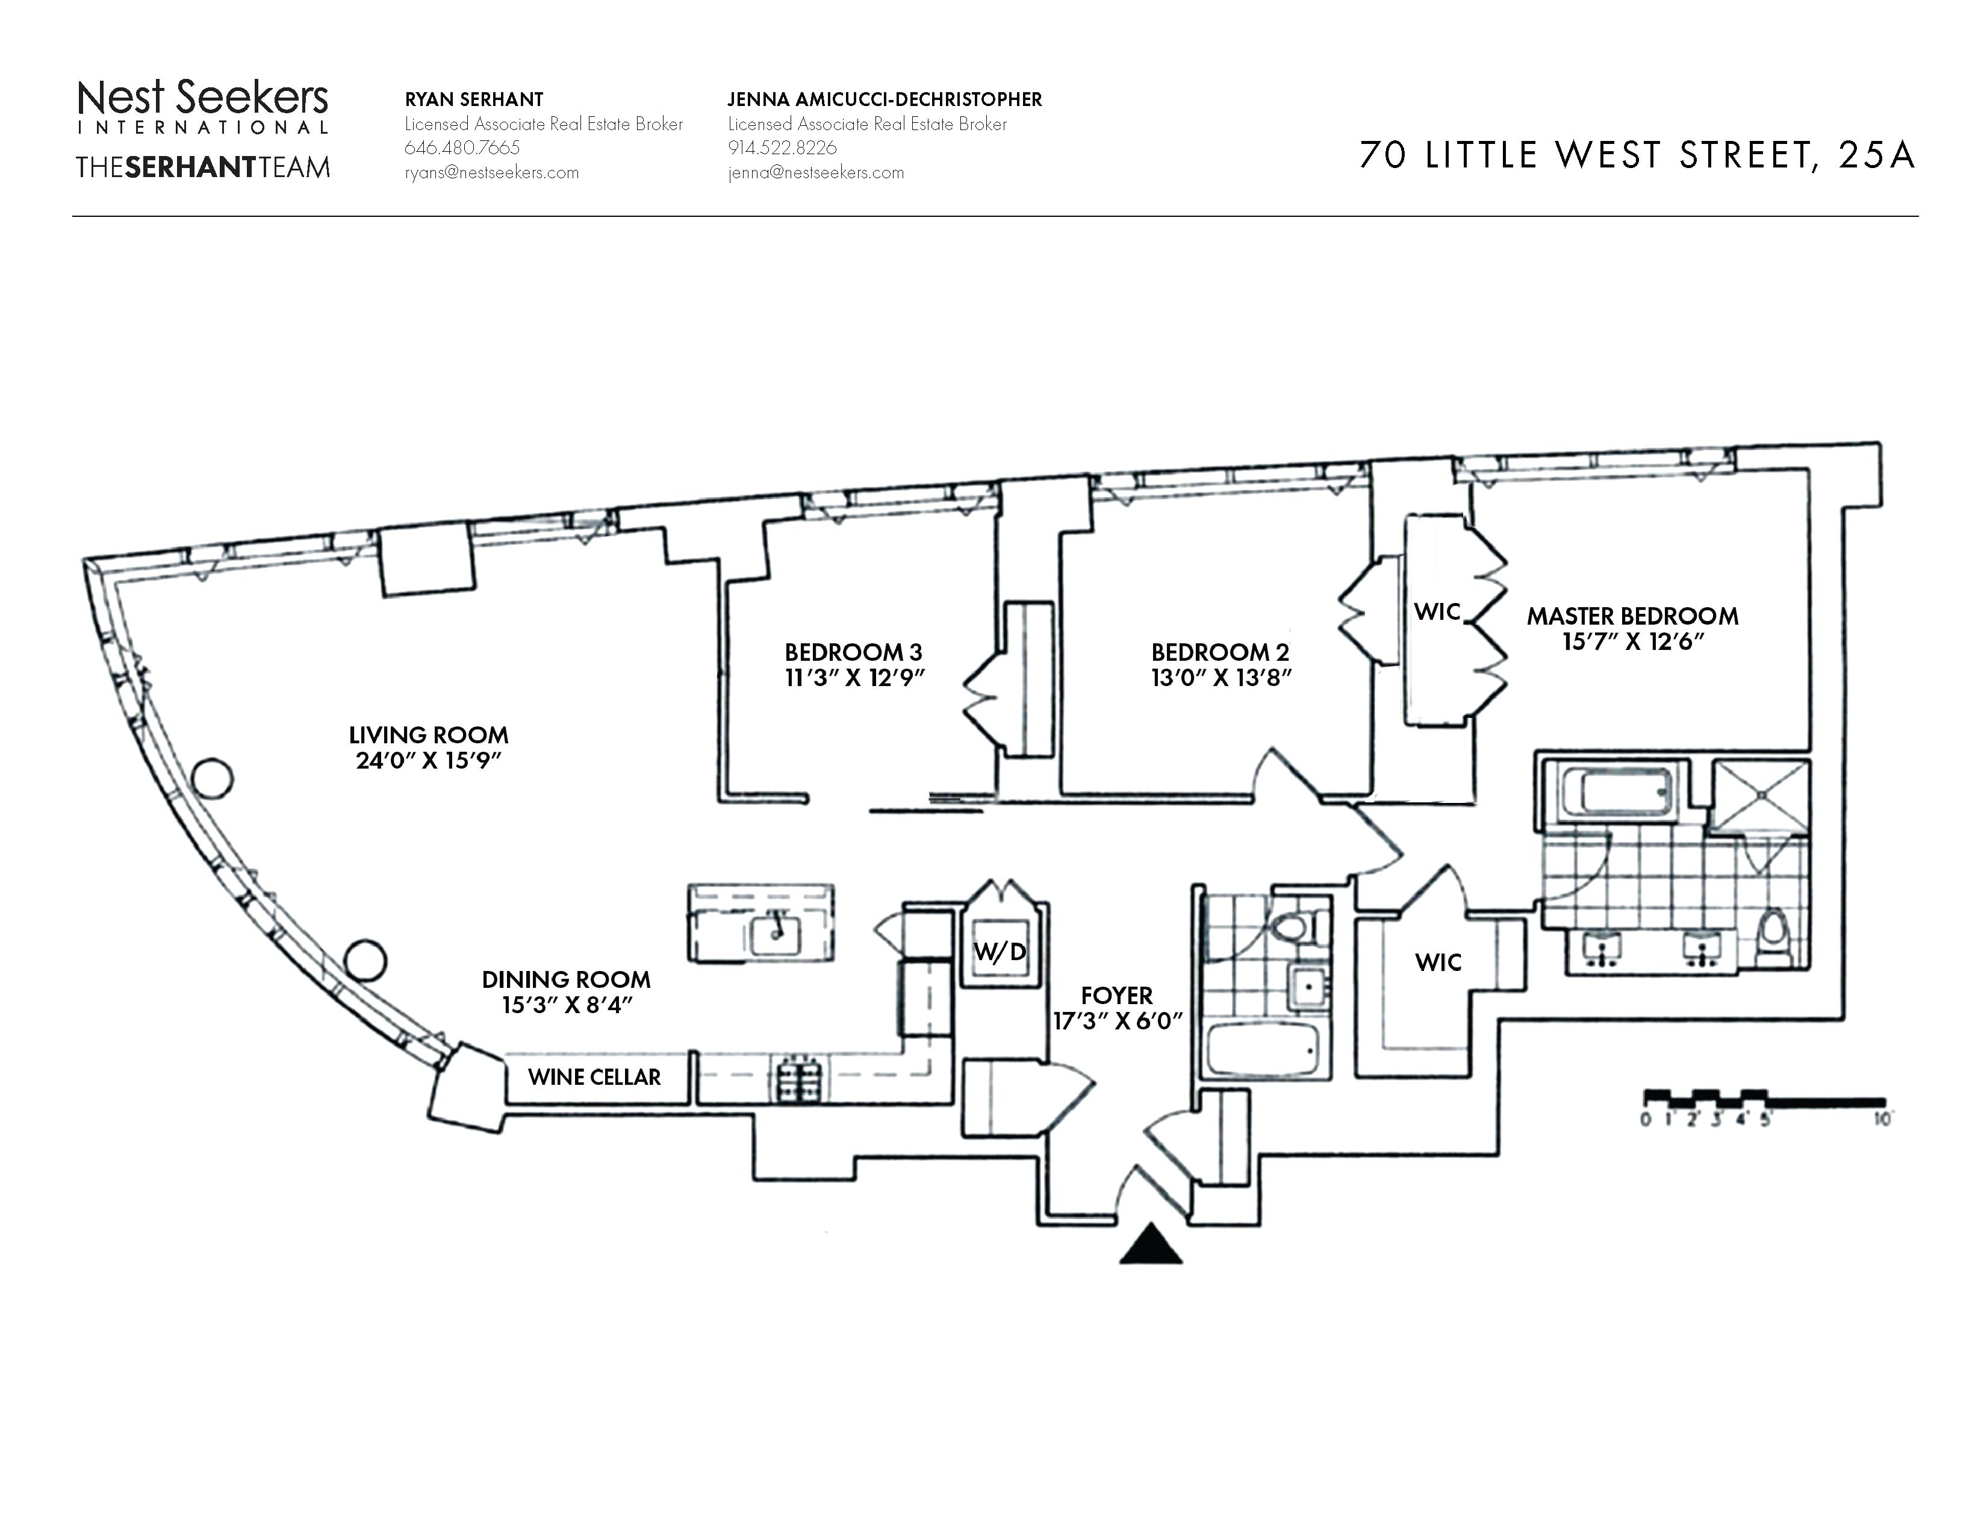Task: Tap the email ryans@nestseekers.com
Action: (x=491, y=173)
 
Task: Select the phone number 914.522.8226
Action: (x=782, y=148)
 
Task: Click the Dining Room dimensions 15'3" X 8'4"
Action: (x=566, y=1005)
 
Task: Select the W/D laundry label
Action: (x=1000, y=952)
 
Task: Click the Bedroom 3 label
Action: (x=853, y=652)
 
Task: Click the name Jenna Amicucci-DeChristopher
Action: (x=885, y=99)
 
